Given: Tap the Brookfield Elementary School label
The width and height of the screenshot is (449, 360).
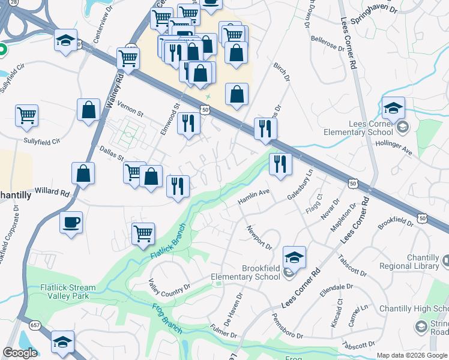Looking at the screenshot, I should tap(245, 272).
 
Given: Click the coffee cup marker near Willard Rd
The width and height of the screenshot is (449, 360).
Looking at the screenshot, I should tap(71, 222).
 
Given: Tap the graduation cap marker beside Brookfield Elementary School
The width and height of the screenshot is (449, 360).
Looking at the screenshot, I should tap(294, 257).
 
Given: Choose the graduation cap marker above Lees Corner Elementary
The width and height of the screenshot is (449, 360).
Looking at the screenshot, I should tap(393, 109).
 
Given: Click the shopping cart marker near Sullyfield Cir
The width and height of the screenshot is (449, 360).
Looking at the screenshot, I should tap(27, 115).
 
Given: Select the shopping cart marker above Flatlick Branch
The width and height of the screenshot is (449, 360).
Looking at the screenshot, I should tap(143, 233).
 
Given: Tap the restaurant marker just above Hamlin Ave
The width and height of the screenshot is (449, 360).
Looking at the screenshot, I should tap(280, 164).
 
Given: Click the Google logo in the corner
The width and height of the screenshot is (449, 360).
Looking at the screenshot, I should tap(20, 353).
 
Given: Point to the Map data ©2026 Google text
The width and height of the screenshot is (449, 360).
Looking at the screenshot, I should tap(411, 355).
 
